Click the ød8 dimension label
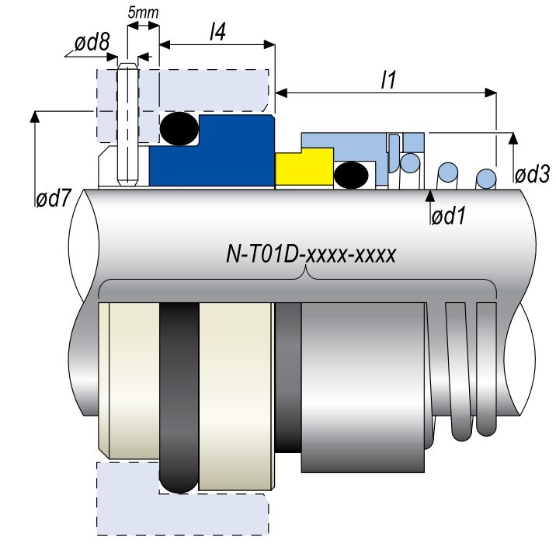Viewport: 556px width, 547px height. [92, 43]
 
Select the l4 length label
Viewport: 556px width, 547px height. [217, 33]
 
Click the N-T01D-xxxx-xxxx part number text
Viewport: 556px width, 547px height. [310, 254]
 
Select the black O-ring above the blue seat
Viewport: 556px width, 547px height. [180, 127]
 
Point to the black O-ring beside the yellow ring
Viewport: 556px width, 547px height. [351, 174]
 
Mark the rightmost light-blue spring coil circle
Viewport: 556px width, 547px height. [485, 177]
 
